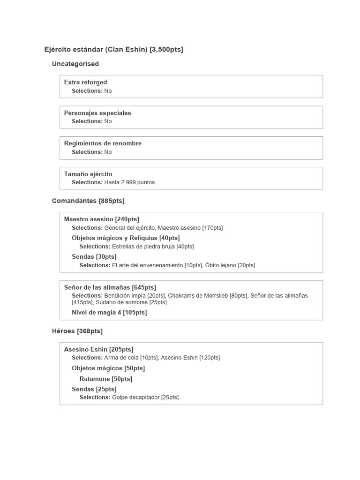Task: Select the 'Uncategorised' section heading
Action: tap(75, 64)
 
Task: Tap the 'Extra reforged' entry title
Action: tap(85, 82)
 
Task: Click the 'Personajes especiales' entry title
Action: tap(97, 113)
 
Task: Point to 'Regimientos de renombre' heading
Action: tap(103, 143)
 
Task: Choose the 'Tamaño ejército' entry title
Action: tap(88, 174)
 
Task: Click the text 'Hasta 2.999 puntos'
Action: tap(129, 182)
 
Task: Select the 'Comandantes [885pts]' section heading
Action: tap(88, 201)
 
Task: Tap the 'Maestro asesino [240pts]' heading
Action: tap(101, 219)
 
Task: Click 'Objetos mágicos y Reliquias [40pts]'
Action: tap(126, 238)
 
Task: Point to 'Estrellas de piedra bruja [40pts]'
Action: tap(153, 247)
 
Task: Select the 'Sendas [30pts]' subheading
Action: tap(94, 256)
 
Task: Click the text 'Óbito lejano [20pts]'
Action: tap(230, 265)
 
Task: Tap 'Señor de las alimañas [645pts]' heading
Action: tap(110, 287)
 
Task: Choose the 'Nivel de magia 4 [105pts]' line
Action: tap(109, 312)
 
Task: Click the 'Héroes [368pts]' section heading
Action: tap(77, 331)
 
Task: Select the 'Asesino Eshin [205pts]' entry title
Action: tap(98, 349)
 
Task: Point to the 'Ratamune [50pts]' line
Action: tap(105, 379)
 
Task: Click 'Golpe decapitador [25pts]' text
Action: tap(145, 397)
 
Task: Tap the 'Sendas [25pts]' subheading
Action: tap(94, 389)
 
